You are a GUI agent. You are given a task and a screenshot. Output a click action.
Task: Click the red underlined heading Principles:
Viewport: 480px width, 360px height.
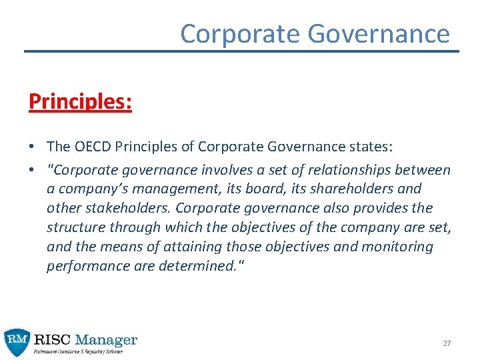[x=80, y=101]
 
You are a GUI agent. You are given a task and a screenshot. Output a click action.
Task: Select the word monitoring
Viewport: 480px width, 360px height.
[x=397, y=247]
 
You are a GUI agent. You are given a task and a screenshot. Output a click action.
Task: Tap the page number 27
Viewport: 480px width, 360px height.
[x=447, y=343]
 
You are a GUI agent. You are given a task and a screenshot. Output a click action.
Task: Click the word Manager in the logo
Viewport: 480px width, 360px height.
[x=107, y=339]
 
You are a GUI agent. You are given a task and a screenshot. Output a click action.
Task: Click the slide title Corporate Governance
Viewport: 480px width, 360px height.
[x=315, y=33]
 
